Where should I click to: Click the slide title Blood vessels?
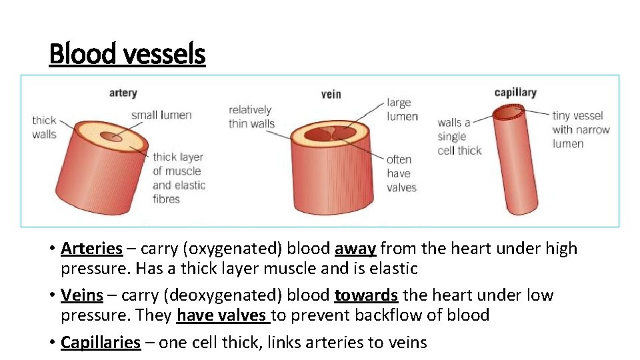tap(127, 53)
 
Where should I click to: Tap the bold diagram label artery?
tap(123, 93)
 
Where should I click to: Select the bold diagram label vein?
tap(331, 94)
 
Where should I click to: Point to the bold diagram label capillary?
tap(515, 93)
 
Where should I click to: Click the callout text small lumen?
tap(161, 115)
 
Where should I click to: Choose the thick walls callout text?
tap(44, 127)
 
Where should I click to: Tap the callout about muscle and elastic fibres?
tap(178, 177)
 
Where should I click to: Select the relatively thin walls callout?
tap(251, 116)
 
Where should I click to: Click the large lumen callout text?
tap(402, 109)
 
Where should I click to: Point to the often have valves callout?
tap(401, 173)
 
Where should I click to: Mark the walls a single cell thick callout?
tap(459, 136)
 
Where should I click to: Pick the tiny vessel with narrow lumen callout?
tap(580, 129)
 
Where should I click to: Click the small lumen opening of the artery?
tap(111, 137)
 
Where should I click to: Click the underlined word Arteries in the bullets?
tap(91, 249)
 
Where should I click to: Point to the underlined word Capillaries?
tap(100, 343)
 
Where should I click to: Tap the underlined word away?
tap(355, 249)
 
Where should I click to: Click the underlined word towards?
tap(366, 295)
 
